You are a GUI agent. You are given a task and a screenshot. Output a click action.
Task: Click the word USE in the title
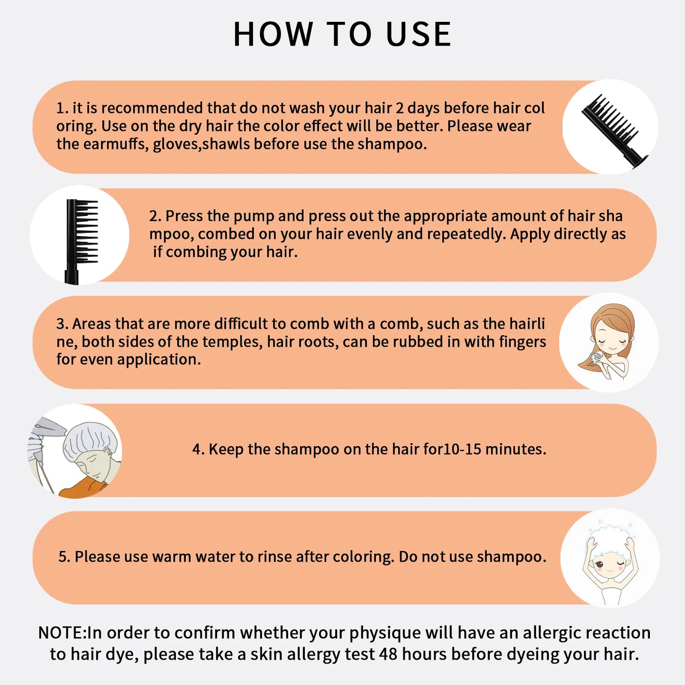[419, 34]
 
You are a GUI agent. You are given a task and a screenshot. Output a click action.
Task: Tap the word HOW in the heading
[273, 34]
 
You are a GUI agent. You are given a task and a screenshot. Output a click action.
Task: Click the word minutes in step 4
[516, 449]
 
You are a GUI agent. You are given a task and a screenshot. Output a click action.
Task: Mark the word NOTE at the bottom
[60, 633]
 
